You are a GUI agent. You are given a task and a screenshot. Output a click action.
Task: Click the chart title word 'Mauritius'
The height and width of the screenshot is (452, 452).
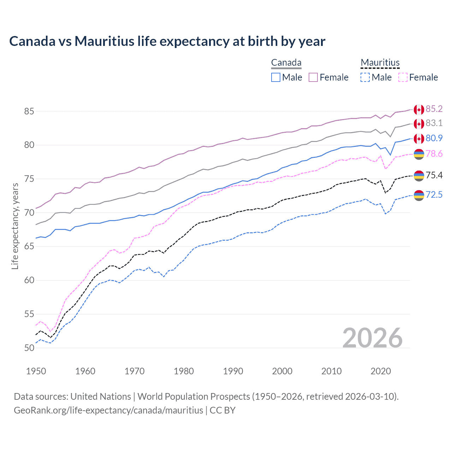tap(105, 41)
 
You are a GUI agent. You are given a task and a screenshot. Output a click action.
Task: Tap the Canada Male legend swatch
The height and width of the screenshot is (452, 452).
tap(276, 77)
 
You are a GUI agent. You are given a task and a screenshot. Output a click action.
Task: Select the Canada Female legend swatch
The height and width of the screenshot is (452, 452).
tap(313, 77)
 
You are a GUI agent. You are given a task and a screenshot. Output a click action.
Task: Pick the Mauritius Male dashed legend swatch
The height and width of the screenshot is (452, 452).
tap(365, 77)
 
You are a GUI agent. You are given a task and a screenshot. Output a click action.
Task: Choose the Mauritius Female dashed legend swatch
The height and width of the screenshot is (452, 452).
tap(403, 77)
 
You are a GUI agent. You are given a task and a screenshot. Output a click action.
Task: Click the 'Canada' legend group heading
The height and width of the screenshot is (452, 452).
tap(286, 63)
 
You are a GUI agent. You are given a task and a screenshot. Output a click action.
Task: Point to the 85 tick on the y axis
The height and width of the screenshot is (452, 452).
tap(29, 111)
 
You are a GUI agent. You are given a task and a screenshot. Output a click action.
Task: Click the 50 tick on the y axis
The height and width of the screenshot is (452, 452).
tap(29, 348)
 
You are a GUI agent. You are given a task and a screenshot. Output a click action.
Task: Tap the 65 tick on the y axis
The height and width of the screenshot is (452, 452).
tap(29, 246)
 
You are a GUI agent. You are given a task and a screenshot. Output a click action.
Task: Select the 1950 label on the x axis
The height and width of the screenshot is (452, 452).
tap(36, 371)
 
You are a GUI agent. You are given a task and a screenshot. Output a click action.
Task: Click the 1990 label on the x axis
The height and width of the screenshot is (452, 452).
tap(233, 371)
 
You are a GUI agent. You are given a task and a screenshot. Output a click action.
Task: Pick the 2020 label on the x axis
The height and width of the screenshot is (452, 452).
tap(381, 371)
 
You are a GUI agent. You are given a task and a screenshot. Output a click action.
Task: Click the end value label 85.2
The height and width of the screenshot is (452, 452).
tap(434, 109)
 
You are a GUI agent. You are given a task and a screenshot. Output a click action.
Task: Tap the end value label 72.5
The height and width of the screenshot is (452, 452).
tap(434, 195)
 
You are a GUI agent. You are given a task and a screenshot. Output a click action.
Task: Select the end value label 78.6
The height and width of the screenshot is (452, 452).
tap(434, 154)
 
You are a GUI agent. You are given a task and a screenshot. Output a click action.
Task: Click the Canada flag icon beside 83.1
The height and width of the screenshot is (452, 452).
tap(419, 124)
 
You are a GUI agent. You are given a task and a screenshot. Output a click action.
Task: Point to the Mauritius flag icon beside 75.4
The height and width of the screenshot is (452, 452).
tap(419, 176)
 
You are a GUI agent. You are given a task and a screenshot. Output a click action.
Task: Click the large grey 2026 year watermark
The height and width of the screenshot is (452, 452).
tap(373, 338)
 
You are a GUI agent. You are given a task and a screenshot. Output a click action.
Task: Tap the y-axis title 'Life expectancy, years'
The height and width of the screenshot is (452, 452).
tap(15, 226)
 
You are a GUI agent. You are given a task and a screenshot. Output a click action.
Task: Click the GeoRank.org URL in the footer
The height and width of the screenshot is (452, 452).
tap(108, 410)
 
